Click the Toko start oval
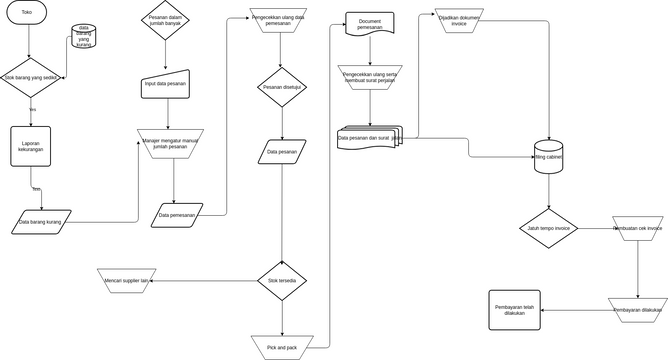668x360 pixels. (27, 12)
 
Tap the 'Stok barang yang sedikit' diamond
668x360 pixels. (30, 77)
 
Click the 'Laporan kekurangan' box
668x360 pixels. (31, 147)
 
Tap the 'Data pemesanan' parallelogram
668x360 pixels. (176, 214)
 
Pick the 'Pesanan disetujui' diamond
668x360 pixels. (282, 87)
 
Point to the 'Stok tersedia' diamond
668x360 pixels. (282, 281)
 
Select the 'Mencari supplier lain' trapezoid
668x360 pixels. (127, 281)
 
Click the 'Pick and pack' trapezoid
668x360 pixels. (282, 346)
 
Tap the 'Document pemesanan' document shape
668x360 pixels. (369, 24)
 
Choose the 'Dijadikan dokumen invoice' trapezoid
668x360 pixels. (460, 21)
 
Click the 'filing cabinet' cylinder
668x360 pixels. (548, 157)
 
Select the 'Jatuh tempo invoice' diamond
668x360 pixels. (548, 228)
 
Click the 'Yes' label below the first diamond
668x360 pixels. (32, 109)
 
